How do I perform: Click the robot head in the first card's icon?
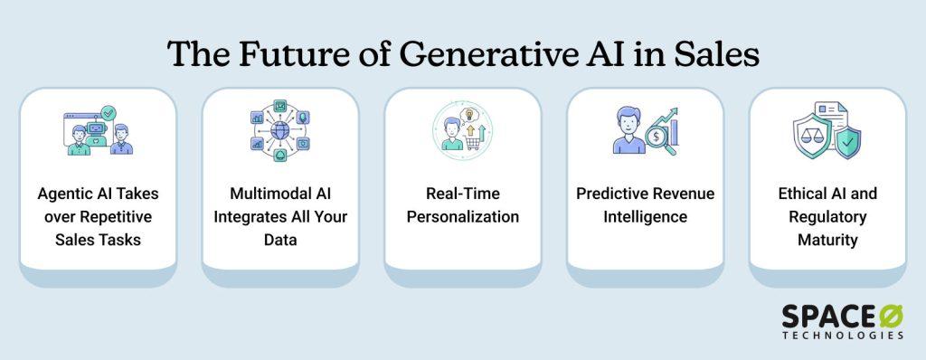pyautogui.click(x=95, y=128)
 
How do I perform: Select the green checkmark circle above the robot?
pyautogui.click(x=109, y=112)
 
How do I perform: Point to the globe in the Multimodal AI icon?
pyautogui.click(x=280, y=130)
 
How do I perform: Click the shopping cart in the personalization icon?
pyautogui.click(x=472, y=142)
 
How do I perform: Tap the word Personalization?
pyautogui.click(x=463, y=217)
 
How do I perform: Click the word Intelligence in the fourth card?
pyautogui.click(x=645, y=217)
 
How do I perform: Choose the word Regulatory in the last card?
pyautogui.click(x=827, y=217)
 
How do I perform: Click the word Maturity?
pyautogui.click(x=827, y=240)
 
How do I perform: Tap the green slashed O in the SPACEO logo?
pyautogui.click(x=891, y=317)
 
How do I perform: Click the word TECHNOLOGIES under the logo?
pyautogui.click(x=843, y=336)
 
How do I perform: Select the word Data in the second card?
pyautogui.click(x=280, y=240)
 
